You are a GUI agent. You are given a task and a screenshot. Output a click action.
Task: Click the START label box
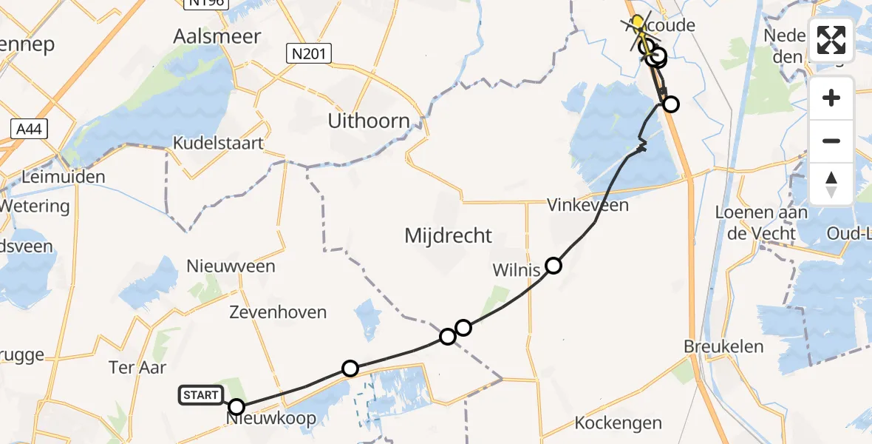pyautogui.click(x=200, y=395)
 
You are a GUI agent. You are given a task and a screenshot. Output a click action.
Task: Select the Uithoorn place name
pyautogui.click(x=369, y=121)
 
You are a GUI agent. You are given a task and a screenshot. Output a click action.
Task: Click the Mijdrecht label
pyautogui.click(x=448, y=236)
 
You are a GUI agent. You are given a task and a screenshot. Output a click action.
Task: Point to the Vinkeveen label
pyautogui.click(x=587, y=205)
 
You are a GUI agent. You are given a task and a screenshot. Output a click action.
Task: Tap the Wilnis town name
pyautogui.click(x=517, y=270)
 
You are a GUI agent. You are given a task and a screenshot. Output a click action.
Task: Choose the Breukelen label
pyautogui.click(x=723, y=346)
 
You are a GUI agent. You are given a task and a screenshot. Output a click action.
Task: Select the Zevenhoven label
pyautogui.click(x=279, y=312)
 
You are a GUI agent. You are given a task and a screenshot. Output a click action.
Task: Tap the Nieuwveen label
pyautogui.click(x=231, y=266)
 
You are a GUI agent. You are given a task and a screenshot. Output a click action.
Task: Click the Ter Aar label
pyautogui.click(x=137, y=367)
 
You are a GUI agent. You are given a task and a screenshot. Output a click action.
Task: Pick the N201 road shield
pyautogui.click(x=310, y=53)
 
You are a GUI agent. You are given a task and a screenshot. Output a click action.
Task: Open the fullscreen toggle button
pyautogui.click(x=831, y=41)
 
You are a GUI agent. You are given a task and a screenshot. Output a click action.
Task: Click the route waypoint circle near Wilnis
pyautogui.click(x=553, y=266)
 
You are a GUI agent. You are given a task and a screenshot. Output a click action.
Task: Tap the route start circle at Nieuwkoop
pyautogui.click(x=236, y=406)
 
